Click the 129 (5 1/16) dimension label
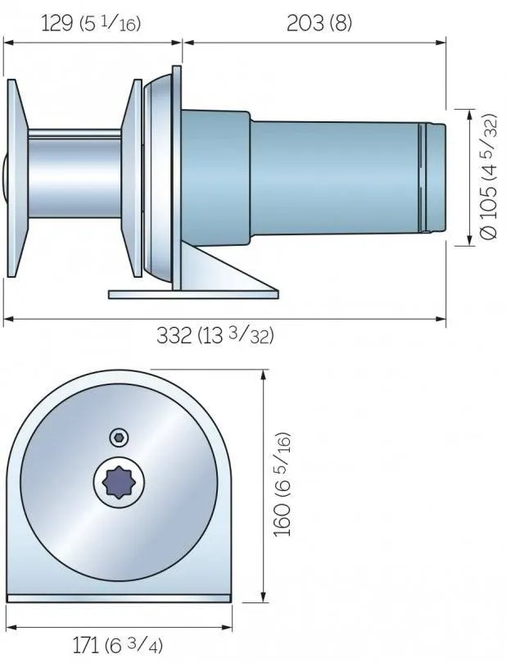click(x=91, y=23)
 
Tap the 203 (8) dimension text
click(x=319, y=23)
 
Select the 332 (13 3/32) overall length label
click(x=215, y=336)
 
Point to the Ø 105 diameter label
click(x=489, y=176)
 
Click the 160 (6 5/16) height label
click(x=282, y=484)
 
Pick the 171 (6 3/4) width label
click(x=118, y=646)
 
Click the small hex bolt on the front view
click(x=119, y=437)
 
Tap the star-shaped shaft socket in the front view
click(x=119, y=482)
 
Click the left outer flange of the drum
click(x=17, y=178)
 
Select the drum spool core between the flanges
click(x=75, y=174)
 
